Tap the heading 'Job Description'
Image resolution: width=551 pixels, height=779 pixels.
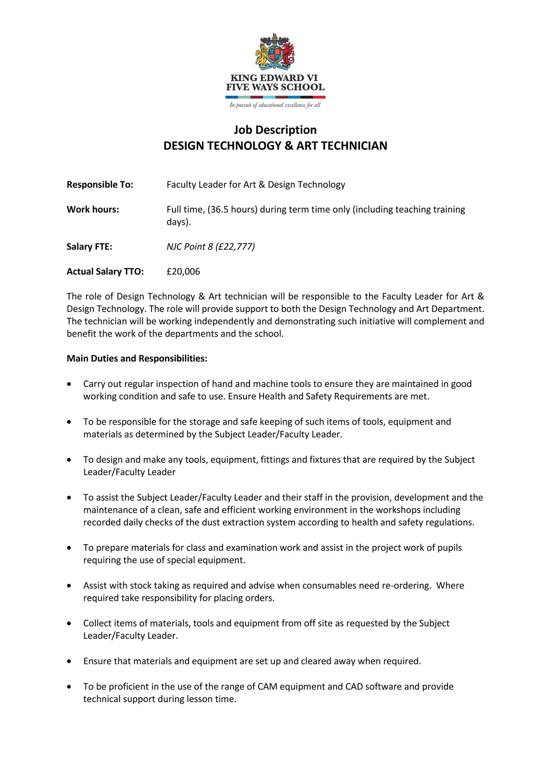click(x=275, y=130)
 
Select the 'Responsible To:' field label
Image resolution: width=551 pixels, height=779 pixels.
click(x=100, y=185)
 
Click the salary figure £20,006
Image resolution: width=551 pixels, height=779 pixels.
click(x=183, y=272)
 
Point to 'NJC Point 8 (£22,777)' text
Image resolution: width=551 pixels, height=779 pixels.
click(x=211, y=247)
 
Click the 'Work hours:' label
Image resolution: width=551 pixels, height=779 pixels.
click(x=93, y=210)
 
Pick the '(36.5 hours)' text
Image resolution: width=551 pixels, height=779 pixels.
click(x=232, y=210)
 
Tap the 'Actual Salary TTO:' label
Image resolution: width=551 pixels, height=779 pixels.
click(x=105, y=272)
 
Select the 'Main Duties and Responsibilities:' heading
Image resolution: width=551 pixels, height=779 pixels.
click(x=137, y=358)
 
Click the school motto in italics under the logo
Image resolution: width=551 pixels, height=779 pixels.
click(x=275, y=105)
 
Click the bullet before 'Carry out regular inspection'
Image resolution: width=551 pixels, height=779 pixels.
click(x=70, y=384)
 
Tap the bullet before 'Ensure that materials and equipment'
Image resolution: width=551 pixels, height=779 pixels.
click(x=70, y=661)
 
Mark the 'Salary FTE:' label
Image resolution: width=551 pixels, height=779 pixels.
click(x=89, y=247)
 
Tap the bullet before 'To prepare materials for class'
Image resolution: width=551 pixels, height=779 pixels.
click(x=70, y=548)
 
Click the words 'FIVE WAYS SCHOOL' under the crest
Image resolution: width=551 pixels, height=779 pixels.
click(x=275, y=87)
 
